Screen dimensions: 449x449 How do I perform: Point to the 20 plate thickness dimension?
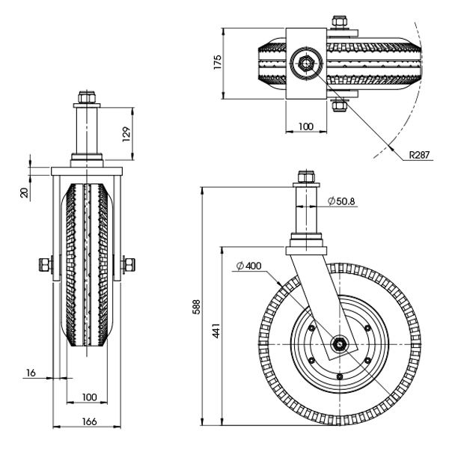click(24, 192)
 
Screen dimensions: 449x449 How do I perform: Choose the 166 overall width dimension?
click(88, 422)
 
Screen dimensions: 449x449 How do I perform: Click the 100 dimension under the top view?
click(305, 126)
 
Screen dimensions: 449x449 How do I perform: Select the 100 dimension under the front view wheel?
click(88, 396)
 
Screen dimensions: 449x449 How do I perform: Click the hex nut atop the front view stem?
click(84, 97)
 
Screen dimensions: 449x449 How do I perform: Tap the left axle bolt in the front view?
click(44, 264)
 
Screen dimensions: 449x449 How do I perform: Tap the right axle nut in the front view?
click(129, 264)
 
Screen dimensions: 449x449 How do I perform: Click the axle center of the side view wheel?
click(340, 343)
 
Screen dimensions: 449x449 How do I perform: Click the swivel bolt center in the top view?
click(305, 63)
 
